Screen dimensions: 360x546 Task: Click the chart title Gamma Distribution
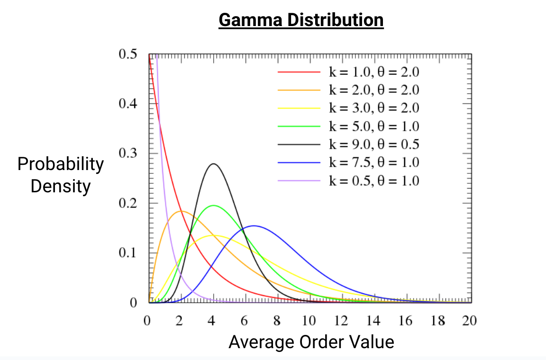click(301, 20)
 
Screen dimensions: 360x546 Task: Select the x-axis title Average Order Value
click(311, 342)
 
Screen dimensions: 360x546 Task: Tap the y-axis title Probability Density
click(60, 175)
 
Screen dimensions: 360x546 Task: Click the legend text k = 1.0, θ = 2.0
click(374, 72)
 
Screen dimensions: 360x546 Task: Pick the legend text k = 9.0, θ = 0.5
click(374, 144)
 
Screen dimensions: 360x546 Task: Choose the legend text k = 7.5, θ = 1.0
click(374, 162)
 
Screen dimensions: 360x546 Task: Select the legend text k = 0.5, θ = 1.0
click(374, 180)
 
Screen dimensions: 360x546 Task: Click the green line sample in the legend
click(299, 126)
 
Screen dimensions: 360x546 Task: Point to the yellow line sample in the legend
click(299, 108)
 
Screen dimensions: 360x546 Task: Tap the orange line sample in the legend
click(299, 90)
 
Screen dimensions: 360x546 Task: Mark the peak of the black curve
click(214, 164)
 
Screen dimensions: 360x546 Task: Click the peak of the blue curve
click(254, 225)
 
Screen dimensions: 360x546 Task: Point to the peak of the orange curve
click(182, 211)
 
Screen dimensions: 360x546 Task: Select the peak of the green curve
click(214, 205)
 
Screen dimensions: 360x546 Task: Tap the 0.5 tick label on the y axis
click(128, 54)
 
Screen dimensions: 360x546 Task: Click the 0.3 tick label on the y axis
click(128, 153)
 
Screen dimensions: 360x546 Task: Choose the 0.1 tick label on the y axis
click(128, 252)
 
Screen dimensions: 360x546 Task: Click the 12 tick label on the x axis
click(341, 321)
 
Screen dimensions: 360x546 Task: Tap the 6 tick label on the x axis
click(244, 321)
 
